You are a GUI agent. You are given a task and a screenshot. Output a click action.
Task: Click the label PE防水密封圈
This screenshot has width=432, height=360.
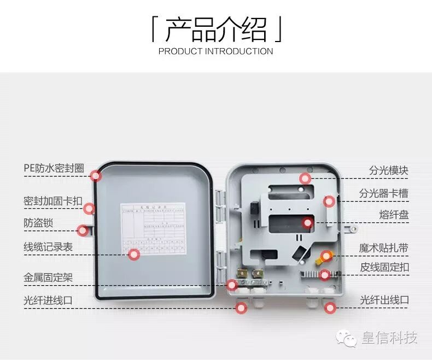[54, 168]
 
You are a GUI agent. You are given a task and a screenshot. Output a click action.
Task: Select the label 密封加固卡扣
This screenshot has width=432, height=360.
[52, 201]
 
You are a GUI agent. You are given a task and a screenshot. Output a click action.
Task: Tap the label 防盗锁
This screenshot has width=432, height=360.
[38, 223]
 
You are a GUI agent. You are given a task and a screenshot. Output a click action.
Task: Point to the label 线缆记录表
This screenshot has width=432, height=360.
[48, 247]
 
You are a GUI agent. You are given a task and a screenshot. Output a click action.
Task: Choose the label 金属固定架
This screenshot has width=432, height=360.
[48, 278]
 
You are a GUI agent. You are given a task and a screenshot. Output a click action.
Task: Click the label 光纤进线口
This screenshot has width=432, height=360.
[48, 300]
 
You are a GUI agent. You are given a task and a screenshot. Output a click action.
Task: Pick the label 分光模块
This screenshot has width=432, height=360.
[388, 170]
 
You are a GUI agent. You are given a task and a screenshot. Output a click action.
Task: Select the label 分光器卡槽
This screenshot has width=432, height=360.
[383, 193]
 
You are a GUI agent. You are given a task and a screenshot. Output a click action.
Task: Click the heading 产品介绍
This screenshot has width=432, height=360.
[216, 29]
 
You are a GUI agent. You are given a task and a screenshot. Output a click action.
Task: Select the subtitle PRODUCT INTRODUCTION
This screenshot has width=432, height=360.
[215, 51]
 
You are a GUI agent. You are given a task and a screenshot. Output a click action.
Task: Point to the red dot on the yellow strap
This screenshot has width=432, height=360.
[326, 256]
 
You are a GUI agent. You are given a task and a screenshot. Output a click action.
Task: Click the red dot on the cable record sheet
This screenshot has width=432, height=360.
[134, 254]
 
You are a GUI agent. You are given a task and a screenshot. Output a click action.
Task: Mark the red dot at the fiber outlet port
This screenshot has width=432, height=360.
[329, 308]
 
